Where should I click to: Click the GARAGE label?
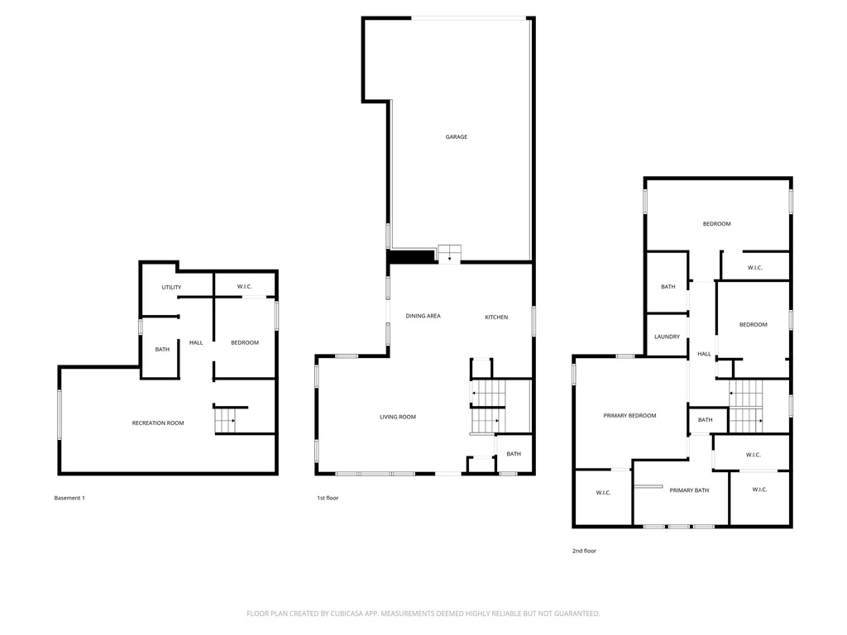pyautogui.click(x=457, y=137)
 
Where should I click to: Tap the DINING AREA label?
pyautogui.click(x=423, y=316)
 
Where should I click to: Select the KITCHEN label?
pyautogui.click(x=496, y=317)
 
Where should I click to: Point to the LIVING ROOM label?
pyautogui.click(x=398, y=417)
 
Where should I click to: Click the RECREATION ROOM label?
pyautogui.click(x=158, y=423)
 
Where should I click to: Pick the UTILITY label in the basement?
pyautogui.click(x=171, y=287)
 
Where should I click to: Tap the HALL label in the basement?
pyautogui.click(x=196, y=343)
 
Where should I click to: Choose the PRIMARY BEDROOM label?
pyautogui.click(x=629, y=416)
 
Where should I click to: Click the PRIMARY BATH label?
pyautogui.click(x=689, y=490)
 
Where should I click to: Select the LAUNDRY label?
pyautogui.click(x=668, y=337)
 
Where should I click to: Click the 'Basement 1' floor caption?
pyautogui.click(x=69, y=498)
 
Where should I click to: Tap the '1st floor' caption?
pyautogui.click(x=328, y=498)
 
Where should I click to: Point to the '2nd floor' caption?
pyautogui.click(x=585, y=551)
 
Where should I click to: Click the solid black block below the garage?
pyautogui.click(x=412, y=256)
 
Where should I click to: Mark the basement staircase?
pyautogui.click(x=225, y=421)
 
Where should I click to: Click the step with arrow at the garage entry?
pyautogui.click(x=449, y=255)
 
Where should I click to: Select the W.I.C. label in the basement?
pyautogui.click(x=245, y=287)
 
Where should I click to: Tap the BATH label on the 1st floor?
pyautogui.click(x=514, y=454)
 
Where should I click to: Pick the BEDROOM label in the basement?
pyautogui.click(x=245, y=343)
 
